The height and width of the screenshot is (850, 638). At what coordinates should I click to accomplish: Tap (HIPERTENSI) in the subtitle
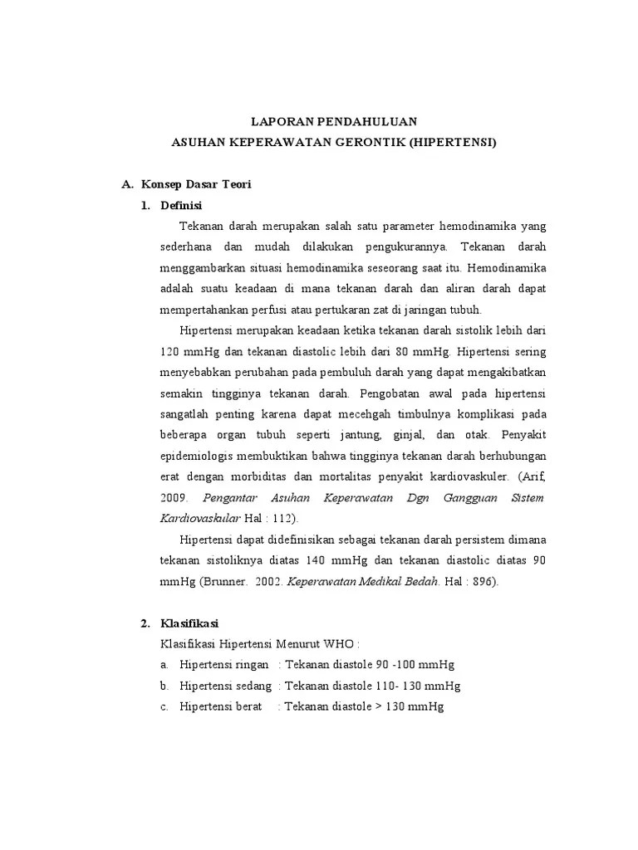(x=453, y=142)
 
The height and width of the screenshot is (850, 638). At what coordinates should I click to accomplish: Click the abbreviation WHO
(x=344, y=644)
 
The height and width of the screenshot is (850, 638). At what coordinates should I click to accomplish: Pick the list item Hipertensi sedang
(x=220, y=686)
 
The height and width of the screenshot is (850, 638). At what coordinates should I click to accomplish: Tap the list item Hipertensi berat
(x=215, y=707)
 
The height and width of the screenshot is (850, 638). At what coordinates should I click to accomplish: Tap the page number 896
(x=482, y=582)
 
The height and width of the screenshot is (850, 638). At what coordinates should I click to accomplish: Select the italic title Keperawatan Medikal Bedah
(x=363, y=582)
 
